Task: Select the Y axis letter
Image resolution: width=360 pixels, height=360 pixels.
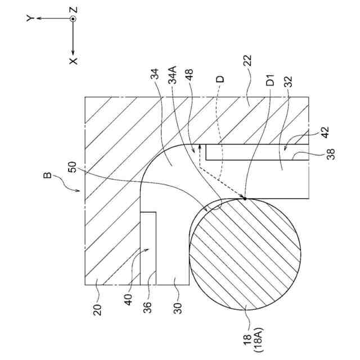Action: [29, 19]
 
